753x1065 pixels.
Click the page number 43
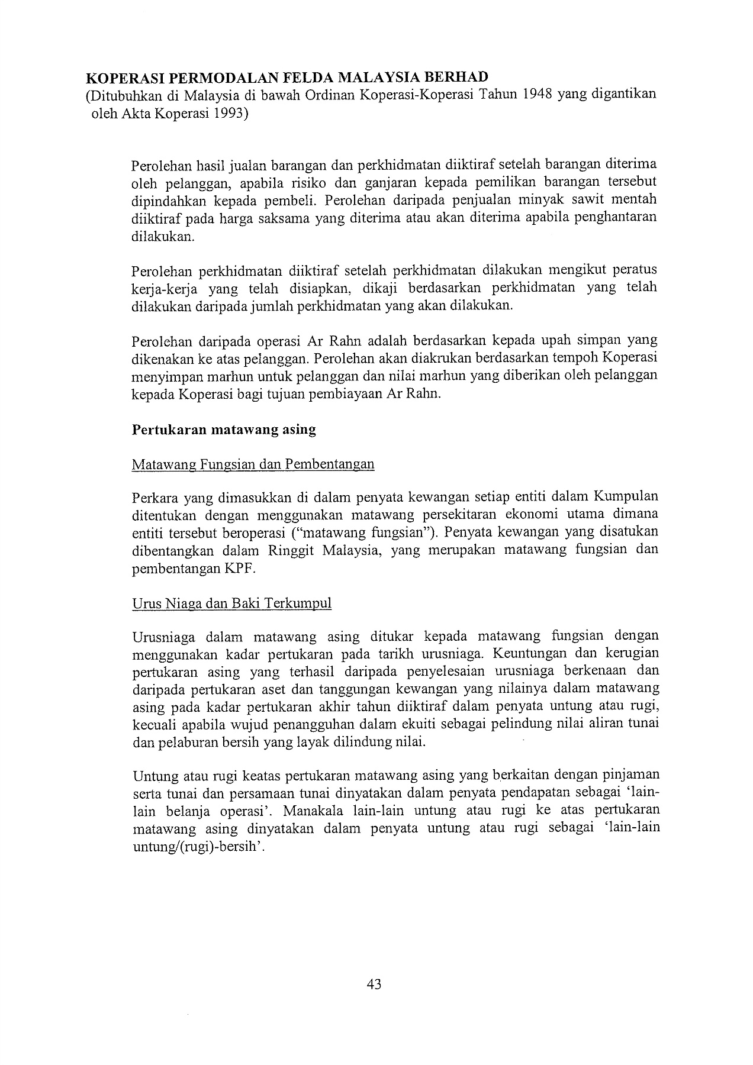(374, 984)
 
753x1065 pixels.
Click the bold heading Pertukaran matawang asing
(223, 430)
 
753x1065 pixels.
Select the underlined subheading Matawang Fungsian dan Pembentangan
(253, 464)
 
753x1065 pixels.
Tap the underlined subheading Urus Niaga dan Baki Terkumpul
(231, 603)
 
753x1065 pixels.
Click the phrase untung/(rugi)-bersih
(197, 846)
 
